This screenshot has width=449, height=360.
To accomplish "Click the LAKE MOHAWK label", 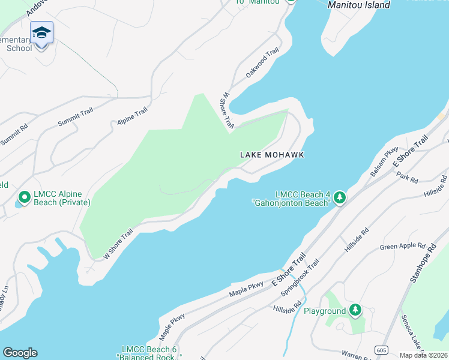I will click(x=272, y=155).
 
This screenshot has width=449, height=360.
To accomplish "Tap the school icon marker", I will click(x=41, y=33).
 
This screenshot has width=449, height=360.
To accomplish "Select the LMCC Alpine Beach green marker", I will click(x=25, y=197).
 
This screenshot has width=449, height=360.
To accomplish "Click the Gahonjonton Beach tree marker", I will click(x=340, y=197).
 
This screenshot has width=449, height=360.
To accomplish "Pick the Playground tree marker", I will click(x=356, y=310).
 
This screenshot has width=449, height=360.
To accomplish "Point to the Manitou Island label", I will click(x=359, y=5).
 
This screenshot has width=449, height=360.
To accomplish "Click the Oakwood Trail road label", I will click(x=263, y=63).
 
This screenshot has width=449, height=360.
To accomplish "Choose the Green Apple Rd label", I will click(x=402, y=247).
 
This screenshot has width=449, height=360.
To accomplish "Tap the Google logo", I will click(x=20, y=353).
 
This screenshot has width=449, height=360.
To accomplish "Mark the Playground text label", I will click(x=325, y=311).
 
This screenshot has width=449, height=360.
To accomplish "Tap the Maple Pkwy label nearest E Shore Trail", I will click(x=246, y=289).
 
